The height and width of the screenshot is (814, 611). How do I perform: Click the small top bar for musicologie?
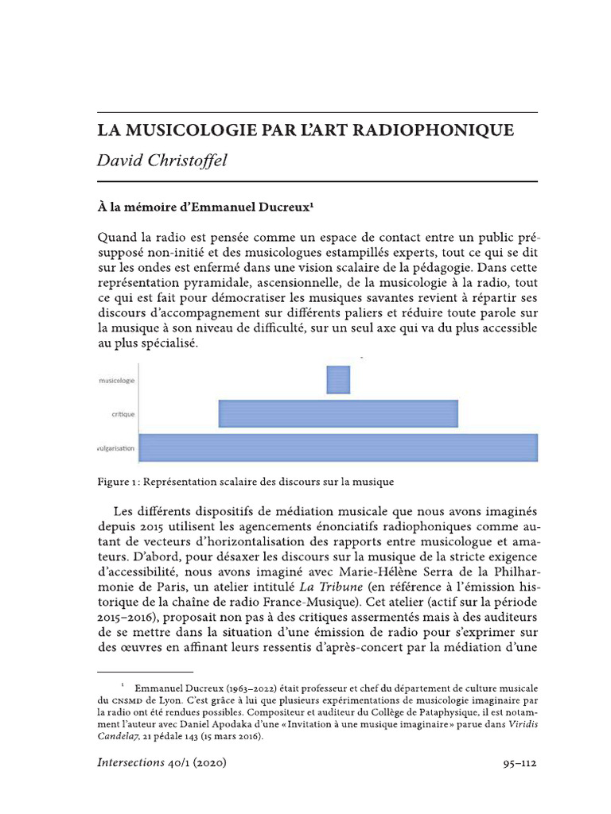click(x=338, y=380)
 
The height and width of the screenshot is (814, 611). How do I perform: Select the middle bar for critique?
click(x=338, y=413)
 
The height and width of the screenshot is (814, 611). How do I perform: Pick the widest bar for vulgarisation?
click(x=338, y=448)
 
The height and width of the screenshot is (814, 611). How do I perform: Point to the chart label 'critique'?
click(x=123, y=414)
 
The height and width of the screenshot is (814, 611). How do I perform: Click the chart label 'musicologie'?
click(x=116, y=381)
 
